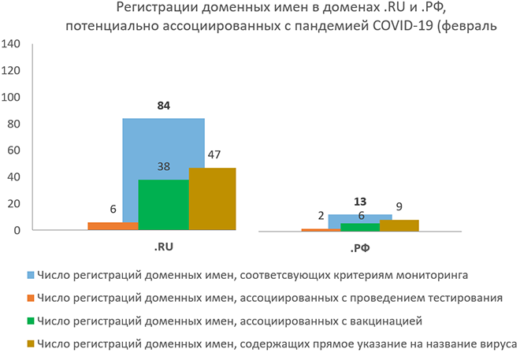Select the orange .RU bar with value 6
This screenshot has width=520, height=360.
point(113,226)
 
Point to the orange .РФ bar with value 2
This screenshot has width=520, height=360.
point(315,229)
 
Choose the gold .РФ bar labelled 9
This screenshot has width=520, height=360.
point(399,225)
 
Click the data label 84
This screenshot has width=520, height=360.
point(164,106)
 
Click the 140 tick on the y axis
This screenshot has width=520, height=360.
point(12,44)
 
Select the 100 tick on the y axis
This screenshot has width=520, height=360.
point(12,98)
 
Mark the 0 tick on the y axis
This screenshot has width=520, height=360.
point(17,230)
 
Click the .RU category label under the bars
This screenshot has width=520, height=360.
point(164,247)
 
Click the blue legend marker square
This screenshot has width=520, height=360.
point(31,276)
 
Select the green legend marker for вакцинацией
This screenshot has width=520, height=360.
point(31,321)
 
